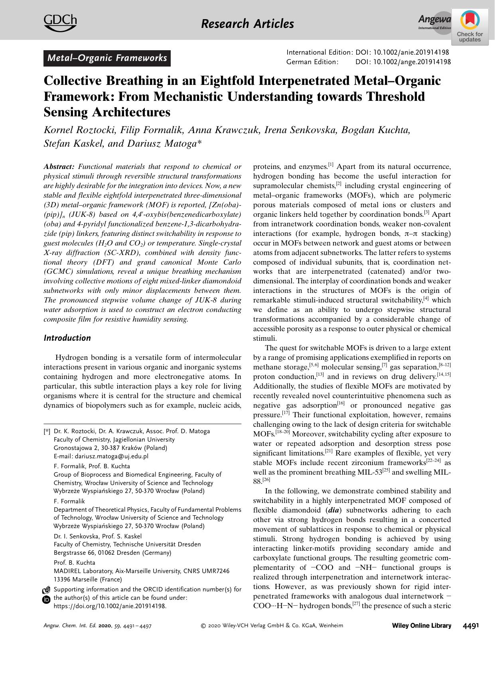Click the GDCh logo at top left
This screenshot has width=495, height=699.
[60, 22]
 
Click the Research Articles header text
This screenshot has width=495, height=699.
[247, 24]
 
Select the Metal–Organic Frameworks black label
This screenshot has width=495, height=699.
[107, 58]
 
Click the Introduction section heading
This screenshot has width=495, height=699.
[67, 338]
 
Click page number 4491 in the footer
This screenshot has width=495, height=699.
[471, 626]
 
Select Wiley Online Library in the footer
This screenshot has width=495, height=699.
[422, 626]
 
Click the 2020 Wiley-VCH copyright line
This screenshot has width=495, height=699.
[272, 626]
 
